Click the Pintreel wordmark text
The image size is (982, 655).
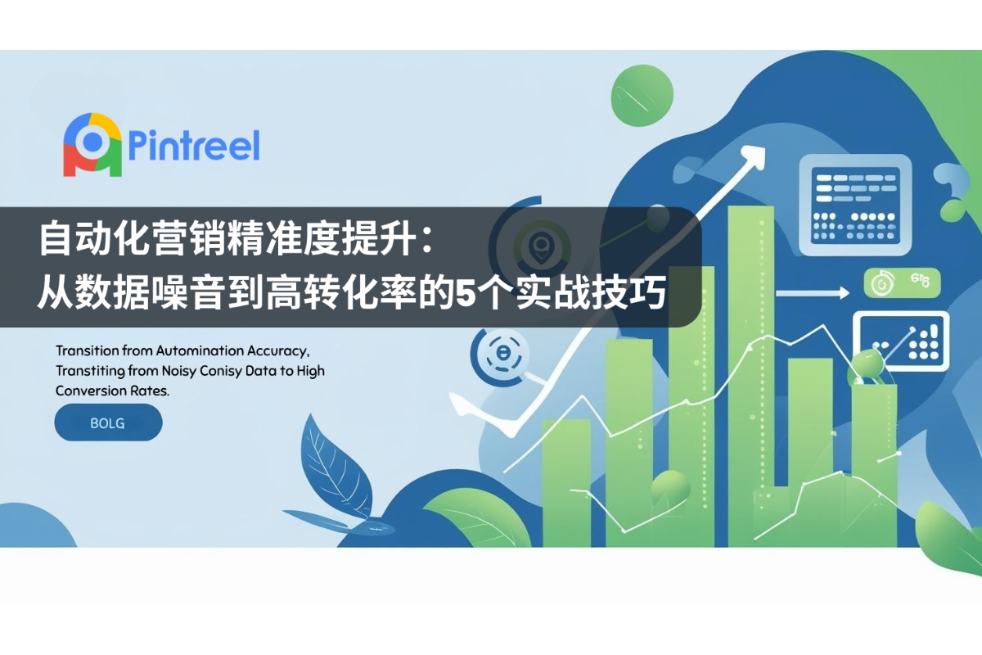click(194, 146)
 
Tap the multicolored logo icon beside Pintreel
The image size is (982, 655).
click(92, 145)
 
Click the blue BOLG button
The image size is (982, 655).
click(108, 422)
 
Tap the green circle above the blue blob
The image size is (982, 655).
click(642, 96)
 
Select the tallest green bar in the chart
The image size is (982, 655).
click(750, 376)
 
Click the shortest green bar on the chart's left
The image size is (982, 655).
click(566, 482)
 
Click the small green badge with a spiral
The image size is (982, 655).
click(902, 283)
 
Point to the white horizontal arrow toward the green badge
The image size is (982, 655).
click(813, 292)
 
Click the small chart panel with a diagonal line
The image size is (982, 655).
click(901, 341)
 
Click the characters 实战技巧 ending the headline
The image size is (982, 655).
click(591, 292)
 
